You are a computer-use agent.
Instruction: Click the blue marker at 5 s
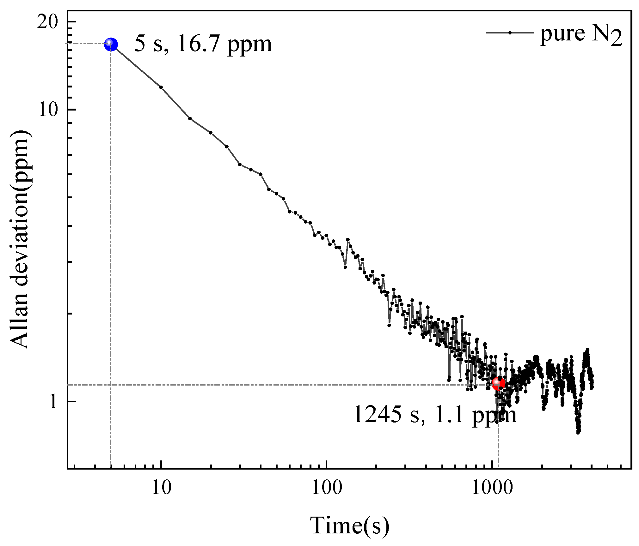111,44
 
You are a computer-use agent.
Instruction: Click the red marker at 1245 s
498,383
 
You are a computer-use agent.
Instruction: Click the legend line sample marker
510,33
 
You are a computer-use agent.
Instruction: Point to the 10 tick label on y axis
47,110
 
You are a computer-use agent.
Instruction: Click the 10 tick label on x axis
161,488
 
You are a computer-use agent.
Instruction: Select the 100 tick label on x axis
327,488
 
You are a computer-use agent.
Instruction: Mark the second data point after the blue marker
190,118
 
